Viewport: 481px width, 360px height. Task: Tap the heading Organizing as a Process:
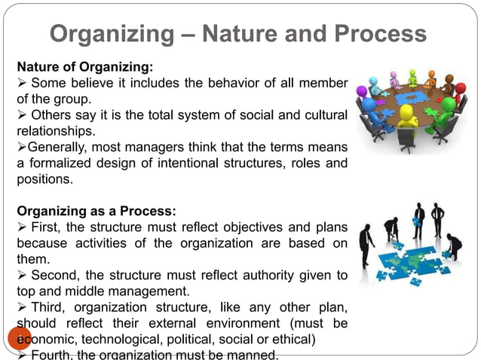[95, 211]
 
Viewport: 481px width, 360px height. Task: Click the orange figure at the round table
[430, 78]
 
